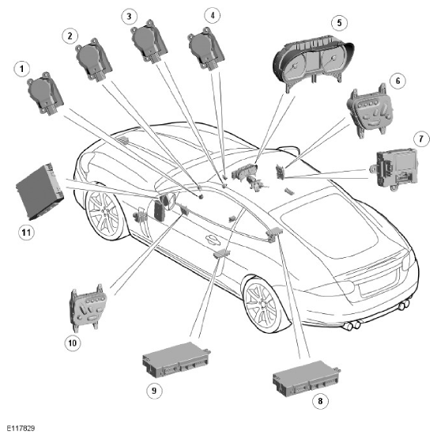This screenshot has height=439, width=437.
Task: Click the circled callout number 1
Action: tap(22, 69)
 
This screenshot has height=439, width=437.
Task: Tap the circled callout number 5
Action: tap(339, 22)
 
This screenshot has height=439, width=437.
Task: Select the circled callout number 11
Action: tap(26, 232)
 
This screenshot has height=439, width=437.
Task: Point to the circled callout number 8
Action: tap(320, 401)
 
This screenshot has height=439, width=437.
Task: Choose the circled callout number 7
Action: tap(421, 138)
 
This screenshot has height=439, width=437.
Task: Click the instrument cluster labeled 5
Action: tap(313, 63)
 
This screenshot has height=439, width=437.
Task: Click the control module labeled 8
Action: tap(307, 379)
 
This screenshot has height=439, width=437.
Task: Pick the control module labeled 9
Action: tap(176, 360)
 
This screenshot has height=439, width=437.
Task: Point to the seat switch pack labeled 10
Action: tap(88, 308)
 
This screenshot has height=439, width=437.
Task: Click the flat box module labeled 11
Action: tap(40, 191)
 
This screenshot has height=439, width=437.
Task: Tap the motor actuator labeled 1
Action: tap(45, 93)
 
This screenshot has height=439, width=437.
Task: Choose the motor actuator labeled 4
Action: tap(205, 49)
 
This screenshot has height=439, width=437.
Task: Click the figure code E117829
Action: tap(21, 429)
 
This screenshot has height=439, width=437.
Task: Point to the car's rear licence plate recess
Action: tap(379, 284)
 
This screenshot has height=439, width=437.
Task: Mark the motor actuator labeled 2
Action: tap(93, 59)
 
